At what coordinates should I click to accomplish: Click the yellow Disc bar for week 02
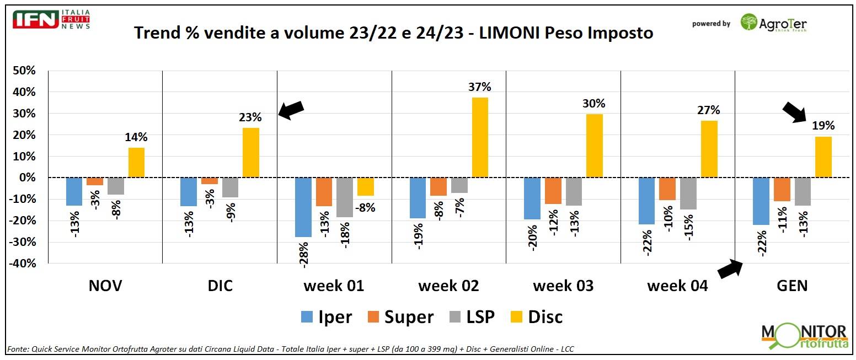pyautogui.click(x=480, y=137)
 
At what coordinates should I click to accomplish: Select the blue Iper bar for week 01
pyautogui.click(x=303, y=207)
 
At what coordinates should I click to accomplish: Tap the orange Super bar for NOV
pyautogui.click(x=95, y=181)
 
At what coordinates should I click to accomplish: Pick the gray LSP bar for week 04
pyautogui.click(x=688, y=194)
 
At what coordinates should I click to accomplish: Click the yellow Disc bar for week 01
pyautogui.click(x=365, y=186)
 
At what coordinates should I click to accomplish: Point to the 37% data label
pyautogui.click(x=480, y=87)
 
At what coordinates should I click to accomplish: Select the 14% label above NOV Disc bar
pyautogui.click(x=137, y=137)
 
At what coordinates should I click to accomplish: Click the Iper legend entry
pyautogui.click(x=326, y=317)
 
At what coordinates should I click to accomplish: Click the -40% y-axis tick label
pyautogui.click(x=22, y=264)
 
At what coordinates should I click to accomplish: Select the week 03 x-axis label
pyautogui.click(x=563, y=286)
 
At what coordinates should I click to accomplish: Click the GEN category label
pyautogui.click(x=792, y=286)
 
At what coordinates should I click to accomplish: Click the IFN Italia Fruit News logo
pyautogui.click(x=51, y=19)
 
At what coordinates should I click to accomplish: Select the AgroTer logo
pyautogui.click(x=773, y=23)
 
